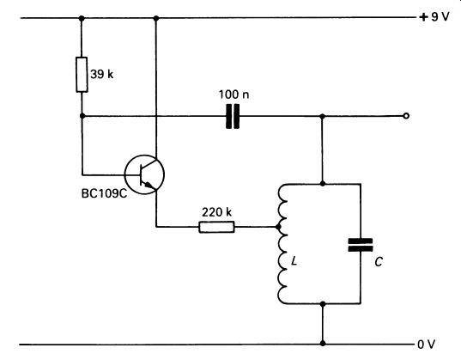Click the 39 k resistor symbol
(x=82, y=75)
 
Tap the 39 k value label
(x=101, y=74)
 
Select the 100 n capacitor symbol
(x=233, y=116)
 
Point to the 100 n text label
(x=234, y=95)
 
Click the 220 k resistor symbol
(x=216, y=227)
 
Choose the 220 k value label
(x=216, y=212)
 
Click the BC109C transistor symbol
(x=144, y=174)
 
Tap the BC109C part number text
(x=104, y=193)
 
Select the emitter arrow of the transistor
(x=149, y=185)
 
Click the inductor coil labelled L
(x=282, y=243)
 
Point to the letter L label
(x=294, y=261)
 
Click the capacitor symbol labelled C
(x=361, y=245)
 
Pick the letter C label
(x=379, y=262)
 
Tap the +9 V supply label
(x=434, y=17)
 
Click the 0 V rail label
(x=427, y=344)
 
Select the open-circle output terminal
(x=406, y=116)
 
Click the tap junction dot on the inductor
(x=278, y=227)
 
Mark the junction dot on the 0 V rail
(x=323, y=343)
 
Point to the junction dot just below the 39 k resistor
(x=82, y=116)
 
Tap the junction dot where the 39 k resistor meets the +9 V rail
(x=82, y=18)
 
